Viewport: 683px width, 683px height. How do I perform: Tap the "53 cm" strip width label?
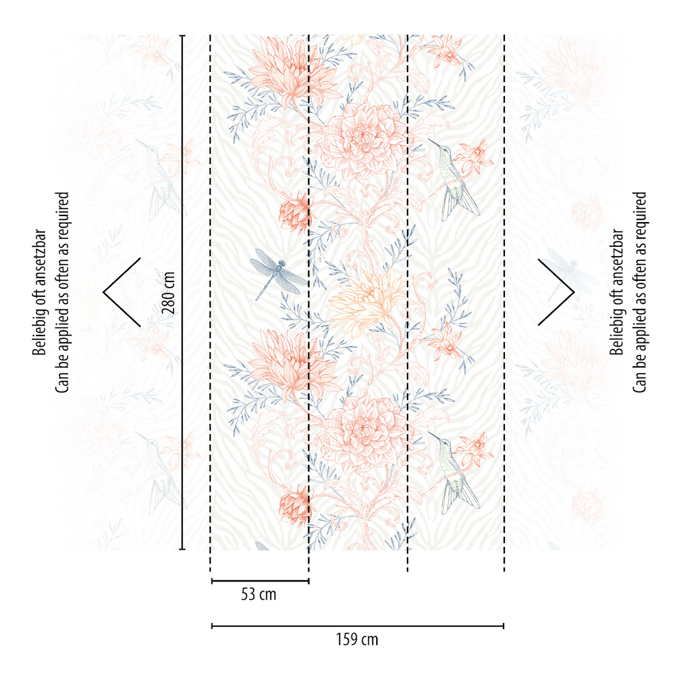(258, 594)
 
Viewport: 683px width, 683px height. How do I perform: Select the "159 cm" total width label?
(357, 640)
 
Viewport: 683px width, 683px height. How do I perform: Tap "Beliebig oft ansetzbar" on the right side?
(616, 291)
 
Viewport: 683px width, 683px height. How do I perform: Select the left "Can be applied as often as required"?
(62, 291)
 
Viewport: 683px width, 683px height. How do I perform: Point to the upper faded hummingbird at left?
(160, 180)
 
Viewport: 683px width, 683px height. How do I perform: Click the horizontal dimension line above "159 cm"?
(357, 626)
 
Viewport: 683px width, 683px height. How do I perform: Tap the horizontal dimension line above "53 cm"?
(259, 581)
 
